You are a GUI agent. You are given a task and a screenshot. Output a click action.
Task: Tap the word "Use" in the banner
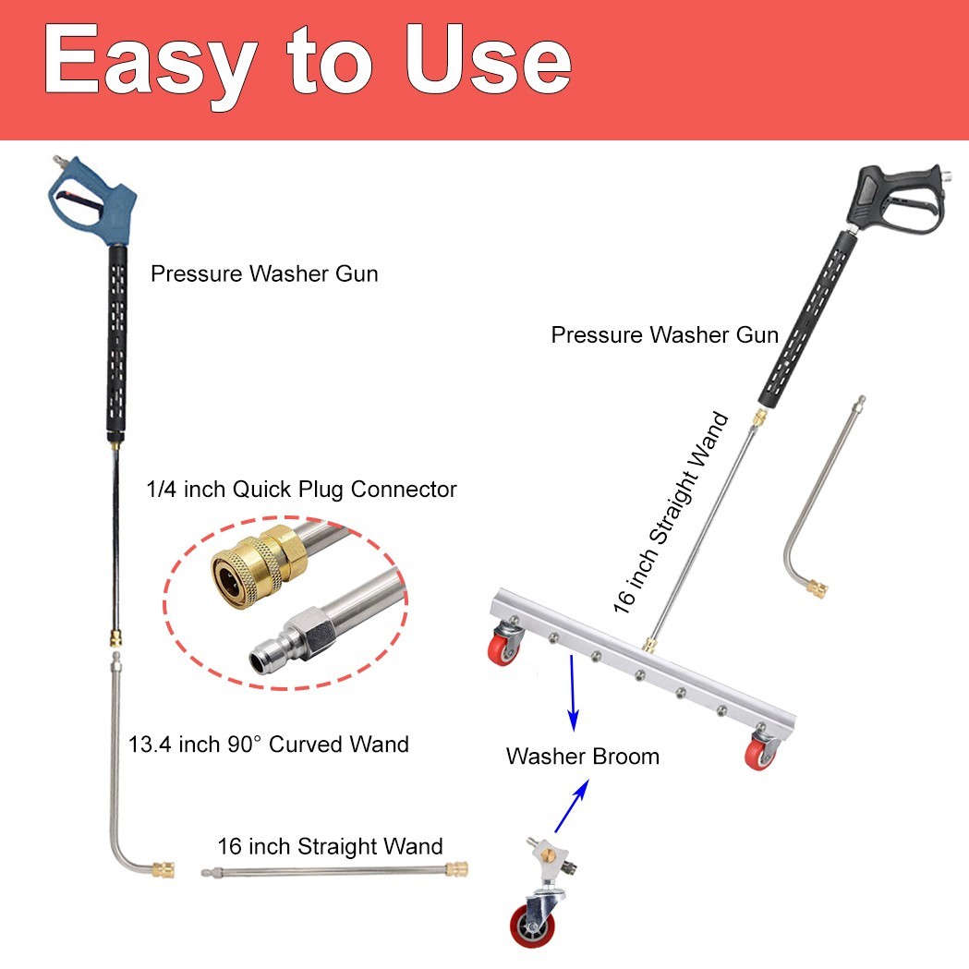point(489,60)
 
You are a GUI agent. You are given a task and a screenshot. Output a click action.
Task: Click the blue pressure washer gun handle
point(92,198)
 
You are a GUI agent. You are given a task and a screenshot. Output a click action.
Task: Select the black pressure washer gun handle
point(896,199)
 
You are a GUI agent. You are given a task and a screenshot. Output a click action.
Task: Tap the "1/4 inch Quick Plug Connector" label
point(301,490)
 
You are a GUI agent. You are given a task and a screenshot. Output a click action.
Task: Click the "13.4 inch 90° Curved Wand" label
point(269,744)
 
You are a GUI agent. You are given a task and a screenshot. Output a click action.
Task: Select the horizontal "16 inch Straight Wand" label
point(330,846)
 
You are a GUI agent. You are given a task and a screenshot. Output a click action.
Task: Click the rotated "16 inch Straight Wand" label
point(672,513)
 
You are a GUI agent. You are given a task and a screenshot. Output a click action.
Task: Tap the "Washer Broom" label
point(583,757)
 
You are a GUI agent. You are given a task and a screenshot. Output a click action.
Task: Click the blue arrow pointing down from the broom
point(573,693)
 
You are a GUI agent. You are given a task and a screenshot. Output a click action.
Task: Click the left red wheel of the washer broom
point(503,648)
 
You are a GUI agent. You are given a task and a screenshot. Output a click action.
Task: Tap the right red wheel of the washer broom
point(760,754)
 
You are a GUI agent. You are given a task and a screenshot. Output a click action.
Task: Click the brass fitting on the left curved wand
point(164,869)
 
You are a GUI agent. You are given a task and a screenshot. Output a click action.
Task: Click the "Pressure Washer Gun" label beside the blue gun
point(264,273)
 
